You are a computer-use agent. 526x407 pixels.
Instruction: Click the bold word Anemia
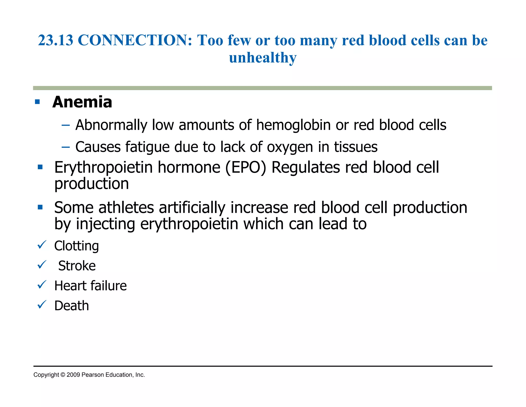[x=82, y=102]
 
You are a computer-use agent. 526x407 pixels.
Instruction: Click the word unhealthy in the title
[x=263, y=58]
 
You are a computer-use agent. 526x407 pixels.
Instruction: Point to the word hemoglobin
[x=293, y=125]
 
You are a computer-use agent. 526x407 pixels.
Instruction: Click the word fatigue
[x=147, y=147]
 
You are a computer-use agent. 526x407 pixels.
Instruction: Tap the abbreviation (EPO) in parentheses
[x=246, y=167]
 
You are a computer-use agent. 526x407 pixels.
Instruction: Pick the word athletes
[x=126, y=208]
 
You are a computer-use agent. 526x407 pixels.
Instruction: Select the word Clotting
[x=77, y=246]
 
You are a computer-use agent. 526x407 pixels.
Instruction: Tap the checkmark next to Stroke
[x=42, y=264]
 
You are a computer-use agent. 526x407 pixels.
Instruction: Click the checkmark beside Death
[x=42, y=305]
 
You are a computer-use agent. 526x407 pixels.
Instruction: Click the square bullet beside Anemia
[x=37, y=102]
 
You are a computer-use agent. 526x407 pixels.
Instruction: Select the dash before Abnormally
[x=66, y=126]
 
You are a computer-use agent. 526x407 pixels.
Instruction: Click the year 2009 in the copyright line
[x=73, y=375]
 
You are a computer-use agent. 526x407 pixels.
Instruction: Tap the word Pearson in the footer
[x=93, y=375]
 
